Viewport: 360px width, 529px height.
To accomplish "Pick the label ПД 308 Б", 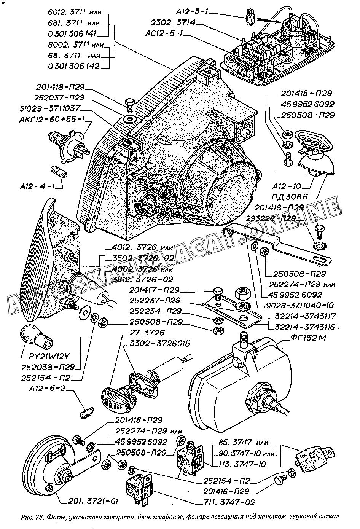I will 294,196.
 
